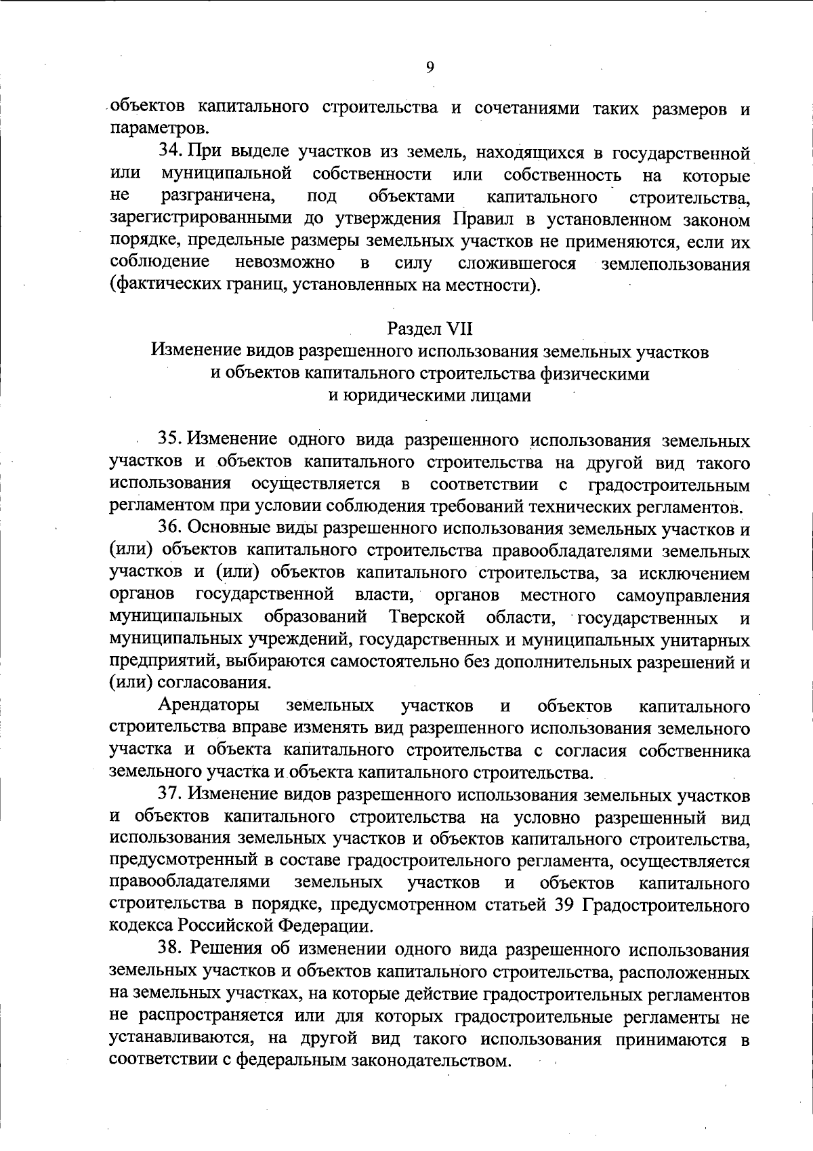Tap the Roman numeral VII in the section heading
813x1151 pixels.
point(459,329)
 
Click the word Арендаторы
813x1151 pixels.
point(208,706)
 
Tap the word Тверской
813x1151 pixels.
point(427,618)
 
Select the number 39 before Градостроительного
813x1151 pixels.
point(565,905)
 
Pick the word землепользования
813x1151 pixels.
point(675,264)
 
